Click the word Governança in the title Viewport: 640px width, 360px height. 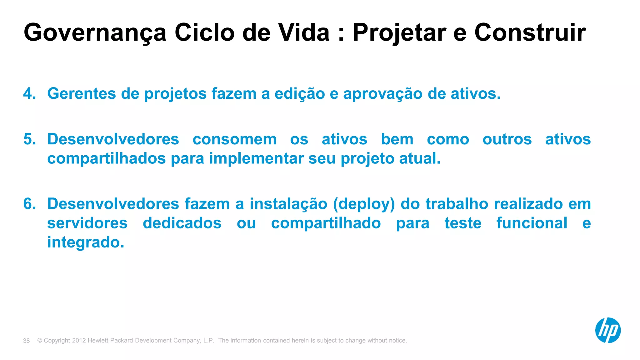(x=95, y=32)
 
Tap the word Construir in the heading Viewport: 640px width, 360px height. (x=530, y=32)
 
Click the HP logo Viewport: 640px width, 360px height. (x=607, y=330)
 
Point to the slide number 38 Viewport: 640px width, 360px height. (x=26, y=341)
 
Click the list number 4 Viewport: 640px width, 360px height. (x=29, y=93)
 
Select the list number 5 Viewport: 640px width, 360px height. (x=29, y=139)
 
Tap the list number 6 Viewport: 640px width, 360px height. (x=29, y=204)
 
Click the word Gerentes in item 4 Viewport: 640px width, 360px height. (x=82, y=93)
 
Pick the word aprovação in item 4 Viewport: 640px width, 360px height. (x=383, y=93)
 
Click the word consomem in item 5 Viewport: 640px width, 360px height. (x=234, y=139)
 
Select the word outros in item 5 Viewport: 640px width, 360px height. (x=507, y=139)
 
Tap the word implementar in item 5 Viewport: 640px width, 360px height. (x=256, y=158)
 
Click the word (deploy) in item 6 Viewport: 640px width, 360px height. (x=364, y=204)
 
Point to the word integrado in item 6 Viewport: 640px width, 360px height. (x=86, y=242)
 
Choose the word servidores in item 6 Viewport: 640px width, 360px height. (x=87, y=223)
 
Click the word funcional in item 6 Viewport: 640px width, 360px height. (x=532, y=223)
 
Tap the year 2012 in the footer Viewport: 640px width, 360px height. (x=79, y=340)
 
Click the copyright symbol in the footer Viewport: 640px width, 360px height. (x=40, y=340)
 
